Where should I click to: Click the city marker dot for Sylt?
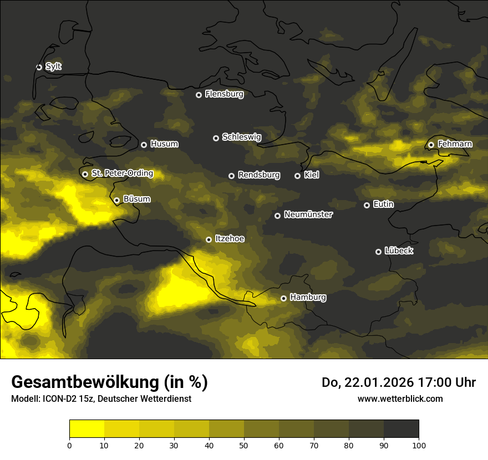click(x=39, y=67)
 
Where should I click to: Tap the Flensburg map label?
click(x=224, y=94)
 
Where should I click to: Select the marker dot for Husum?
click(x=144, y=145)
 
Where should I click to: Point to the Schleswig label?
click(x=241, y=137)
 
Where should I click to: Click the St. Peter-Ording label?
click(x=122, y=173)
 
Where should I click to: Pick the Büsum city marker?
click(x=116, y=200)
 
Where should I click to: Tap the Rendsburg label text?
click(x=259, y=175)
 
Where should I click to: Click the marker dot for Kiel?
click(x=298, y=176)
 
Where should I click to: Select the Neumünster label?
click(x=308, y=214)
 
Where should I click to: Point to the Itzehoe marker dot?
click(x=209, y=239)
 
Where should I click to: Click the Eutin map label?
click(x=383, y=205)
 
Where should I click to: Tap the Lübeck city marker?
click(x=378, y=252)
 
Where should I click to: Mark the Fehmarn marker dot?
click(x=431, y=145)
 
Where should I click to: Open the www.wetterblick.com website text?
click(x=400, y=398)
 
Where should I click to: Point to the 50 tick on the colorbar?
click(x=244, y=445)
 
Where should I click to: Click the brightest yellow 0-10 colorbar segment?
click(x=87, y=429)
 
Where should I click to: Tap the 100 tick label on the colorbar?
click(x=419, y=445)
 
